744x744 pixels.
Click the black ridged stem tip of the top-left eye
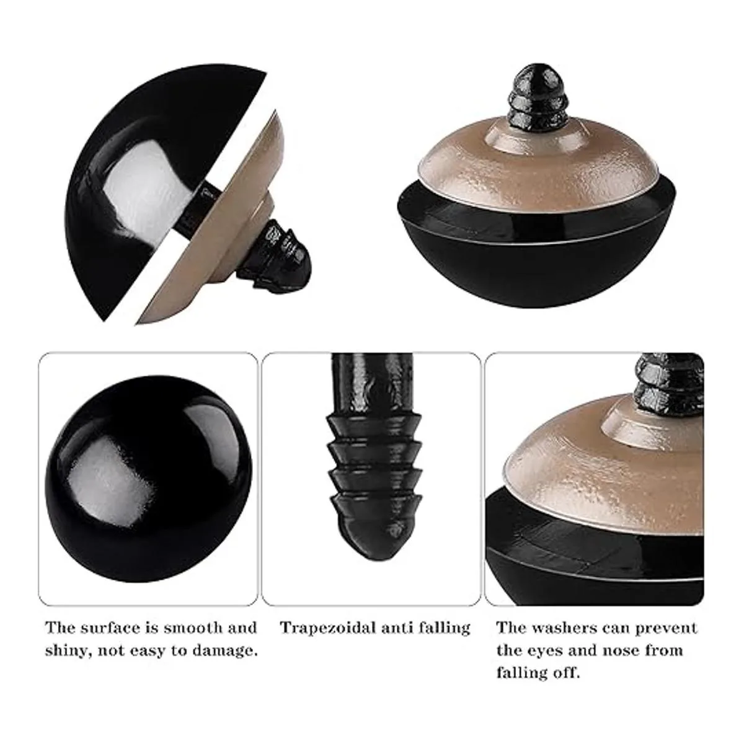tap(273, 260)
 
